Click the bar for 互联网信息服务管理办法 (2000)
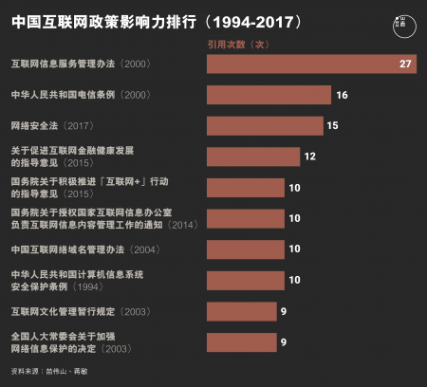[x=311, y=64]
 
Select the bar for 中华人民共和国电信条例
[x=269, y=95]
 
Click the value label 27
[x=406, y=64]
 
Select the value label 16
[x=343, y=95]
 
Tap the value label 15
[x=332, y=125]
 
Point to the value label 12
[x=309, y=157]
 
